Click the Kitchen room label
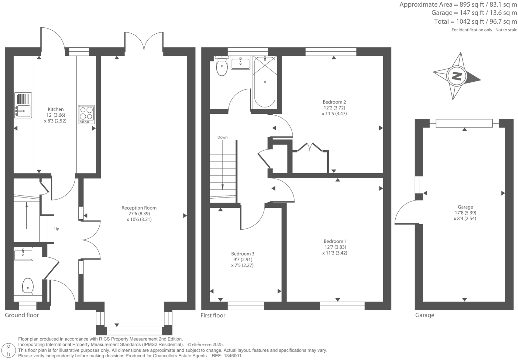(55, 109)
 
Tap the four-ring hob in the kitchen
(86, 114)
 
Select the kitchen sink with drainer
(23, 105)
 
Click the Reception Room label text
(139, 208)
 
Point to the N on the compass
(456, 76)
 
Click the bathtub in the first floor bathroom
(265, 82)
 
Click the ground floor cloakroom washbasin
(23, 254)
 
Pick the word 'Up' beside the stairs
(57, 229)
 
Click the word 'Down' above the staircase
(222, 137)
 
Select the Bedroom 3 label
(243, 254)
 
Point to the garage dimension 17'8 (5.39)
(465, 213)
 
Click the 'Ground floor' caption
(22, 315)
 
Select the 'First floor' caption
(213, 315)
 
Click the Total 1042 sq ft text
(475, 21)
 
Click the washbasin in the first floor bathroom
(240, 63)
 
